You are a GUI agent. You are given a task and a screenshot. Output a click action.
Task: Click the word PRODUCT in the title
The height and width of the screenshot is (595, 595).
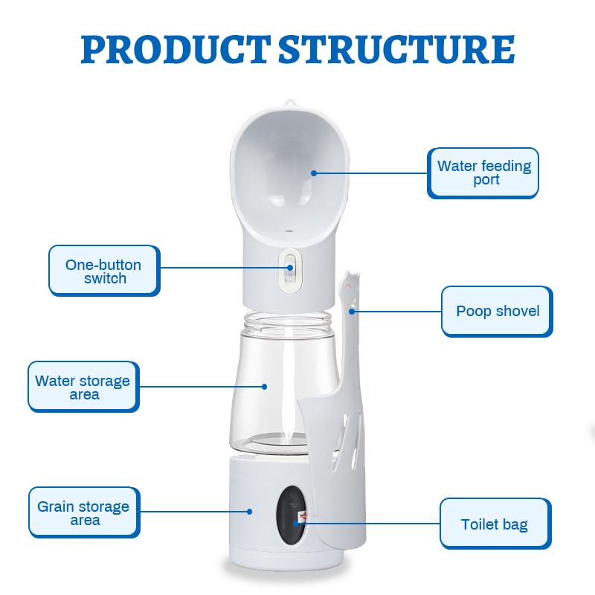click(x=176, y=49)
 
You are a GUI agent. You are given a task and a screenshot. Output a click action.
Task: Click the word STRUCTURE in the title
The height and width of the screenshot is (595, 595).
click(x=397, y=49)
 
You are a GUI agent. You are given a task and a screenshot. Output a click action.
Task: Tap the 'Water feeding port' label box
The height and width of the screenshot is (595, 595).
click(x=483, y=173)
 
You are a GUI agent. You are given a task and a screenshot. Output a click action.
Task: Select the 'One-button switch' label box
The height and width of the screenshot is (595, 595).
click(x=104, y=271)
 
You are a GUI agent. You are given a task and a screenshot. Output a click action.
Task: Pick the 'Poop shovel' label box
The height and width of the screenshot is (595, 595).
click(x=497, y=312)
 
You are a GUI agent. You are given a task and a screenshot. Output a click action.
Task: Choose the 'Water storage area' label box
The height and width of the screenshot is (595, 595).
click(x=83, y=387)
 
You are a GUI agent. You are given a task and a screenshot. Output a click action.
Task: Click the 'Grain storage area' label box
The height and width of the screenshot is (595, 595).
click(x=84, y=512)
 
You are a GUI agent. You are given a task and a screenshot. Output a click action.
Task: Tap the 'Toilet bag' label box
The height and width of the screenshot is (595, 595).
click(x=495, y=524)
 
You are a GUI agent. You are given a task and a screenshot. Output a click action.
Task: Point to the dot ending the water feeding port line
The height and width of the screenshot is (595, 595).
click(x=314, y=173)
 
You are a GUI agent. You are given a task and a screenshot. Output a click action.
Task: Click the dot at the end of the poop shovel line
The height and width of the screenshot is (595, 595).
click(x=352, y=312)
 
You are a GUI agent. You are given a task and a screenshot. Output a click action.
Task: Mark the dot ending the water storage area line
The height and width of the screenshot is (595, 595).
click(x=265, y=387)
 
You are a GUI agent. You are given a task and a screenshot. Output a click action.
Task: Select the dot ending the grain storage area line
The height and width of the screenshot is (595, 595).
click(x=249, y=512)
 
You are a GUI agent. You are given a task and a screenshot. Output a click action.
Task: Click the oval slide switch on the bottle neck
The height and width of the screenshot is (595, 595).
click(x=290, y=270)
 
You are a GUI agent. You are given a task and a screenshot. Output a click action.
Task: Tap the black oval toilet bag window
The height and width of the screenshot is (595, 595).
click(x=291, y=515)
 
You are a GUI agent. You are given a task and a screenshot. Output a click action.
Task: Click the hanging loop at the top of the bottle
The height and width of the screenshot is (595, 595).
click(x=290, y=103)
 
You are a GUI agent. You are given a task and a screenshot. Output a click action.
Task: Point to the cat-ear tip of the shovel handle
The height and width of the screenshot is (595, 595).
click(x=348, y=272)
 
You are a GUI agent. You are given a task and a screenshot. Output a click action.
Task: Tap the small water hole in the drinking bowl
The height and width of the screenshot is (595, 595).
click(x=289, y=231)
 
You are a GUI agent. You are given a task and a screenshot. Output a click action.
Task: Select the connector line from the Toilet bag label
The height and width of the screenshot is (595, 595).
click(x=367, y=524)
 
